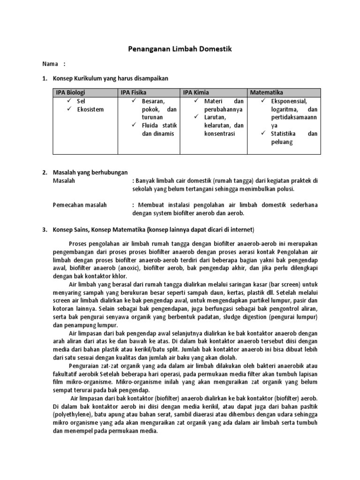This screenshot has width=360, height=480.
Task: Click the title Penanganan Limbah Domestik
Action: [180, 49]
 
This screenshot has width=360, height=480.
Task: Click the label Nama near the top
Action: [49, 64]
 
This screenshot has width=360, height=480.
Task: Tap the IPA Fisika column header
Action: [133, 92]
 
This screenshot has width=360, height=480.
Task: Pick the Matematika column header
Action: [267, 92]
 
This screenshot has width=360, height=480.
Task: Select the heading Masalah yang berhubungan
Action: [90, 172]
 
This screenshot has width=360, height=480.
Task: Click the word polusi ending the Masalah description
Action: [285, 189]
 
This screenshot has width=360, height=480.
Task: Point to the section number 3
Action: [45, 230]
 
